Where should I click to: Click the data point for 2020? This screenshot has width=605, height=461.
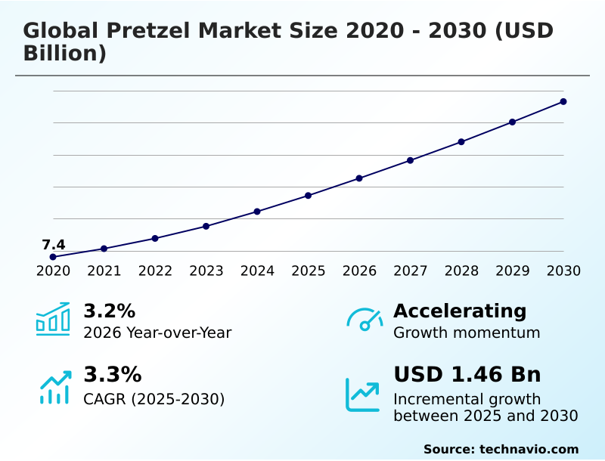pos(53,257)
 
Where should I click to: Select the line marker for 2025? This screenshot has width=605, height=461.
pos(308,196)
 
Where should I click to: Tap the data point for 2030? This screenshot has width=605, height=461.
pos(563,101)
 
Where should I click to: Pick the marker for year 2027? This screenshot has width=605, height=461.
pos(410,160)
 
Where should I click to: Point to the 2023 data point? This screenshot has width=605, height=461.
pos(206,226)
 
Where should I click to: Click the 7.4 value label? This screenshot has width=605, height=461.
pos(53,244)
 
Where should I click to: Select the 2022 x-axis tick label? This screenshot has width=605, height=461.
pos(155,271)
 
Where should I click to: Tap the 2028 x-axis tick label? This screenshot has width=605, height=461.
pos(461,271)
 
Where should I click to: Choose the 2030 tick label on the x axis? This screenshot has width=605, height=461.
pos(563,271)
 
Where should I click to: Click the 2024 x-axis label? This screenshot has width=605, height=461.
pos(257,271)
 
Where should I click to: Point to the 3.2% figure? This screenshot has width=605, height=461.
pos(109,311)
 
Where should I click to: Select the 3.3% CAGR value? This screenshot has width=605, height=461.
pos(112,374)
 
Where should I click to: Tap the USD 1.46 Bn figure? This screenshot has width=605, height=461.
pos(467,374)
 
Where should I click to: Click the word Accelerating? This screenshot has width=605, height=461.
pos(460,311)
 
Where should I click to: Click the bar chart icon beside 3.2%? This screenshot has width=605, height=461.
pos(53,320)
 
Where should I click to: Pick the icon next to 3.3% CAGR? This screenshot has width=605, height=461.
pos(54,387)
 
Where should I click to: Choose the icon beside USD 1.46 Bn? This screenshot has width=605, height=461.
pos(363,394)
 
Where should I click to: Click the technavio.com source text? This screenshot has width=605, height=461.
pos(529,449)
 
